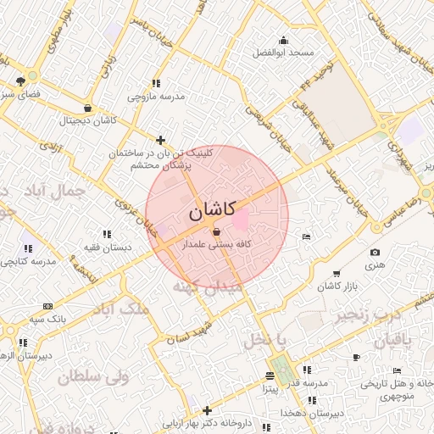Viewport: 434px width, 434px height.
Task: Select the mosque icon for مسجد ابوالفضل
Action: (283, 40)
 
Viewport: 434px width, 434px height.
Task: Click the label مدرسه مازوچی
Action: (156, 97)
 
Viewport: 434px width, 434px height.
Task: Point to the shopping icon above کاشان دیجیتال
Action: (89, 108)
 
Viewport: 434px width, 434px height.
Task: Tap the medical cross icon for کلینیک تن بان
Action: (161, 140)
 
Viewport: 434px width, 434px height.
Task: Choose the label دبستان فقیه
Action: (106, 247)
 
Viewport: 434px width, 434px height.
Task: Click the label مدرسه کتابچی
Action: (31, 262)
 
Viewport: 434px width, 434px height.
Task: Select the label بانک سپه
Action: (47, 319)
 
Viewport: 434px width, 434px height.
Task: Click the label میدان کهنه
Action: (207, 287)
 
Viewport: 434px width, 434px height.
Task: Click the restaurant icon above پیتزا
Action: (270, 376)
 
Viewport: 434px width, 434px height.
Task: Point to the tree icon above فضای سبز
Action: (19, 81)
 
